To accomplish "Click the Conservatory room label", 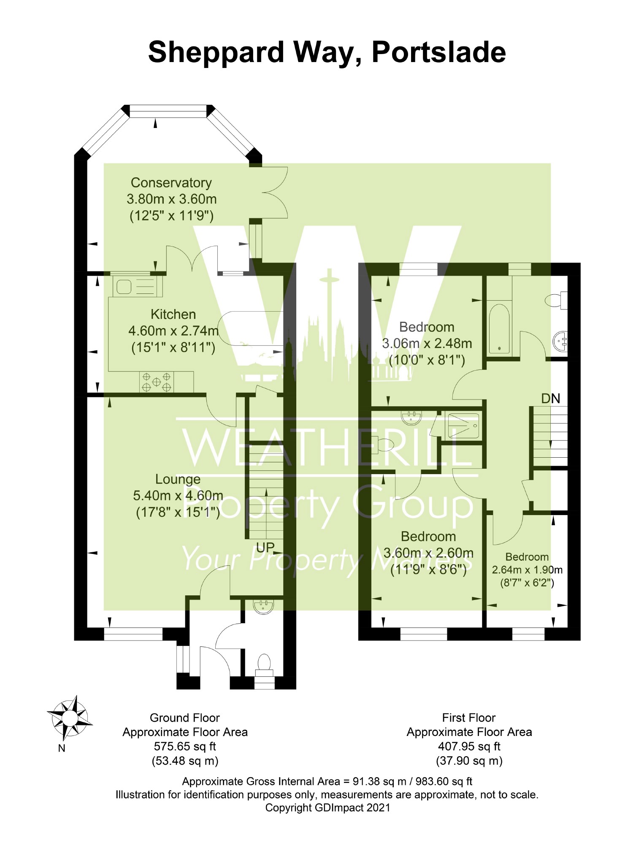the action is [x=171, y=183].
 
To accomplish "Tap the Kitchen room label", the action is [x=173, y=315].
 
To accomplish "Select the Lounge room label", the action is [x=178, y=479].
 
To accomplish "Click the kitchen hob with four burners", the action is [x=157, y=382].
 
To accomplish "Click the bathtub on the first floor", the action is [x=499, y=328].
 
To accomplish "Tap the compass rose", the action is [x=70, y=717].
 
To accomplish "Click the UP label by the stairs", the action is [x=265, y=548].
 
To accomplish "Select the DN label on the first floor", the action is [x=551, y=399].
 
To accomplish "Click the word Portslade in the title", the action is [x=438, y=52].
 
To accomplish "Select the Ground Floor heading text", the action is [x=185, y=718].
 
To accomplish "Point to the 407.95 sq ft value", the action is [x=469, y=746].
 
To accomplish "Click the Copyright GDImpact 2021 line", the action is [x=328, y=808].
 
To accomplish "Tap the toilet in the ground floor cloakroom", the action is [x=264, y=662].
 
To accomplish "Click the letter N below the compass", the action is [x=62, y=748].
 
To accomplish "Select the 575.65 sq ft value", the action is [x=185, y=746].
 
